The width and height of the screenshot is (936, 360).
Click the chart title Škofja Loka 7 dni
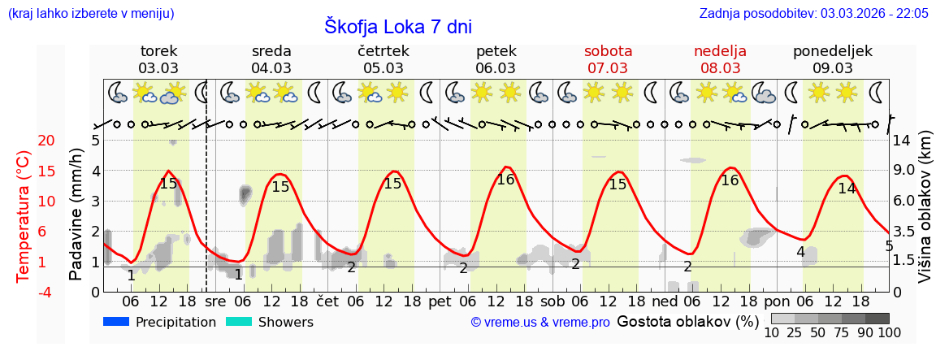[x=398, y=26]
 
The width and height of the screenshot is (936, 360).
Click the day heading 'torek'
[x=158, y=51]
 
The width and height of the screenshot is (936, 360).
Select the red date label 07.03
[x=608, y=68]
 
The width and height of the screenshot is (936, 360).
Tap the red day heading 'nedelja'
[x=720, y=51]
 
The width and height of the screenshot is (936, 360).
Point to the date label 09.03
[x=833, y=68]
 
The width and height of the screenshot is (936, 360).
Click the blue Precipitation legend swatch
[x=117, y=322]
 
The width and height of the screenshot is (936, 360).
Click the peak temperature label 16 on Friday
[x=505, y=180]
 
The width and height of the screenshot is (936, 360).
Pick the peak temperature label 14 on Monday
[x=847, y=189]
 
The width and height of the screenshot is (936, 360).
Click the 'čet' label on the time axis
[x=327, y=301]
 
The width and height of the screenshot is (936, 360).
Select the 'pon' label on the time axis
[x=777, y=301]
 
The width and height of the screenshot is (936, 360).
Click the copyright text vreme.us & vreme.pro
[x=540, y=323]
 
